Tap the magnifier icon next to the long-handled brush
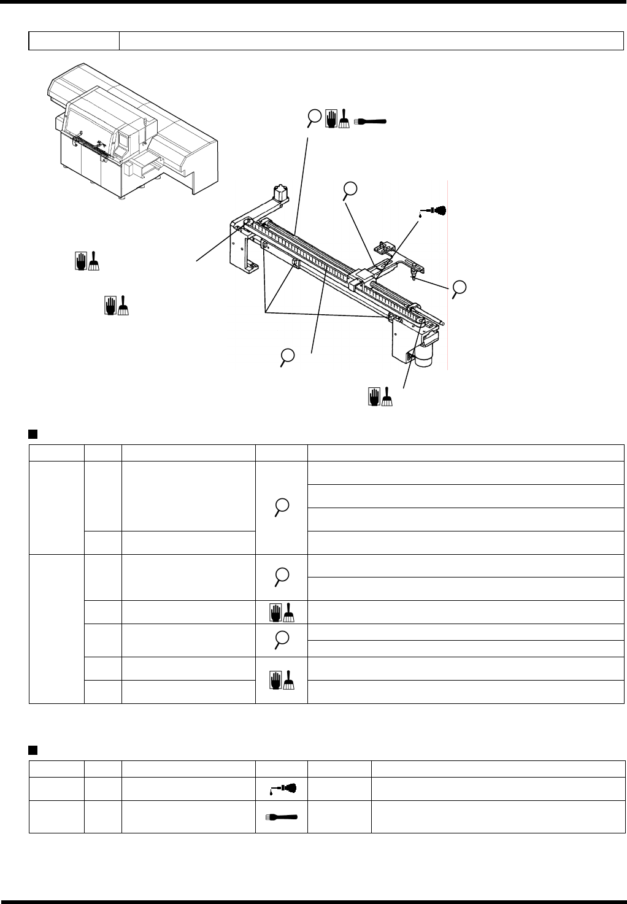314,118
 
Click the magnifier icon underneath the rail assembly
287,357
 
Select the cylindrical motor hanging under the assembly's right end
423,357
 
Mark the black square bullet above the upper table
33,435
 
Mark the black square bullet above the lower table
33,749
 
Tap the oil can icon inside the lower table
282,788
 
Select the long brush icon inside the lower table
282,816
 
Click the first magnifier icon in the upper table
282,507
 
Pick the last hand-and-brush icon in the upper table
282,679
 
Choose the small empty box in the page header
74,41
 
